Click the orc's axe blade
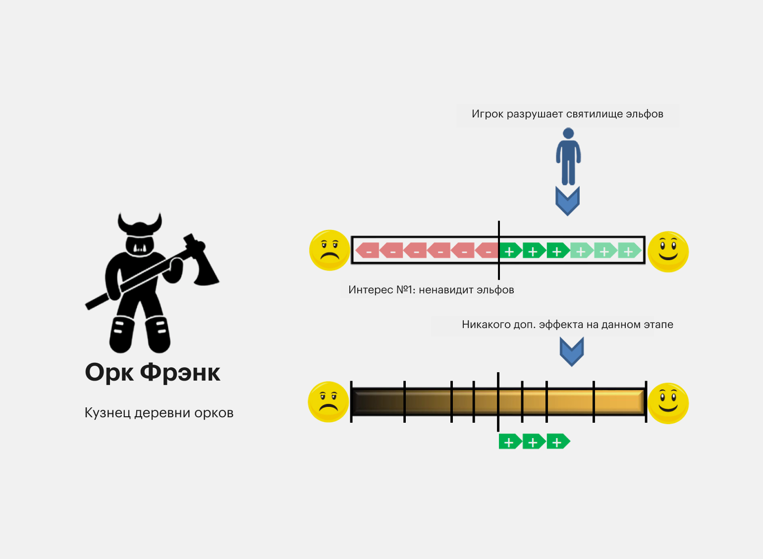pyautogui.click(x=207, y=270)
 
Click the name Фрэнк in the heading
pyautogui.click(x=180, y=373)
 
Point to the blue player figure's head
pyautogui.click(x=568, y=133)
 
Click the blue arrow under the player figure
pyautogui.click(x=567, y=201)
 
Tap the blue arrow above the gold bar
pyautogui.click(x=572, y=351)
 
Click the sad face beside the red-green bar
pyautogui.click(x=329, y=250)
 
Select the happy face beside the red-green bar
pyautogui.click(x=668, y=252)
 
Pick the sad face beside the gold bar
pyautogui.click(x=328, y=402)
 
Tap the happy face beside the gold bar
pyautogui.click(x=668, y=403)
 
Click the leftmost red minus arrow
pyautogui.click(x=367, y=250)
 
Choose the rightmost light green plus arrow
pyautogui.click(x=629, y=250)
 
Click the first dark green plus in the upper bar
pyautogui.click(x=510, y=250)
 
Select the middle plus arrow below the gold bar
pyautogui.click(x=534, y=442)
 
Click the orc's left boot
pyautogui.click(x=122, y=335)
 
